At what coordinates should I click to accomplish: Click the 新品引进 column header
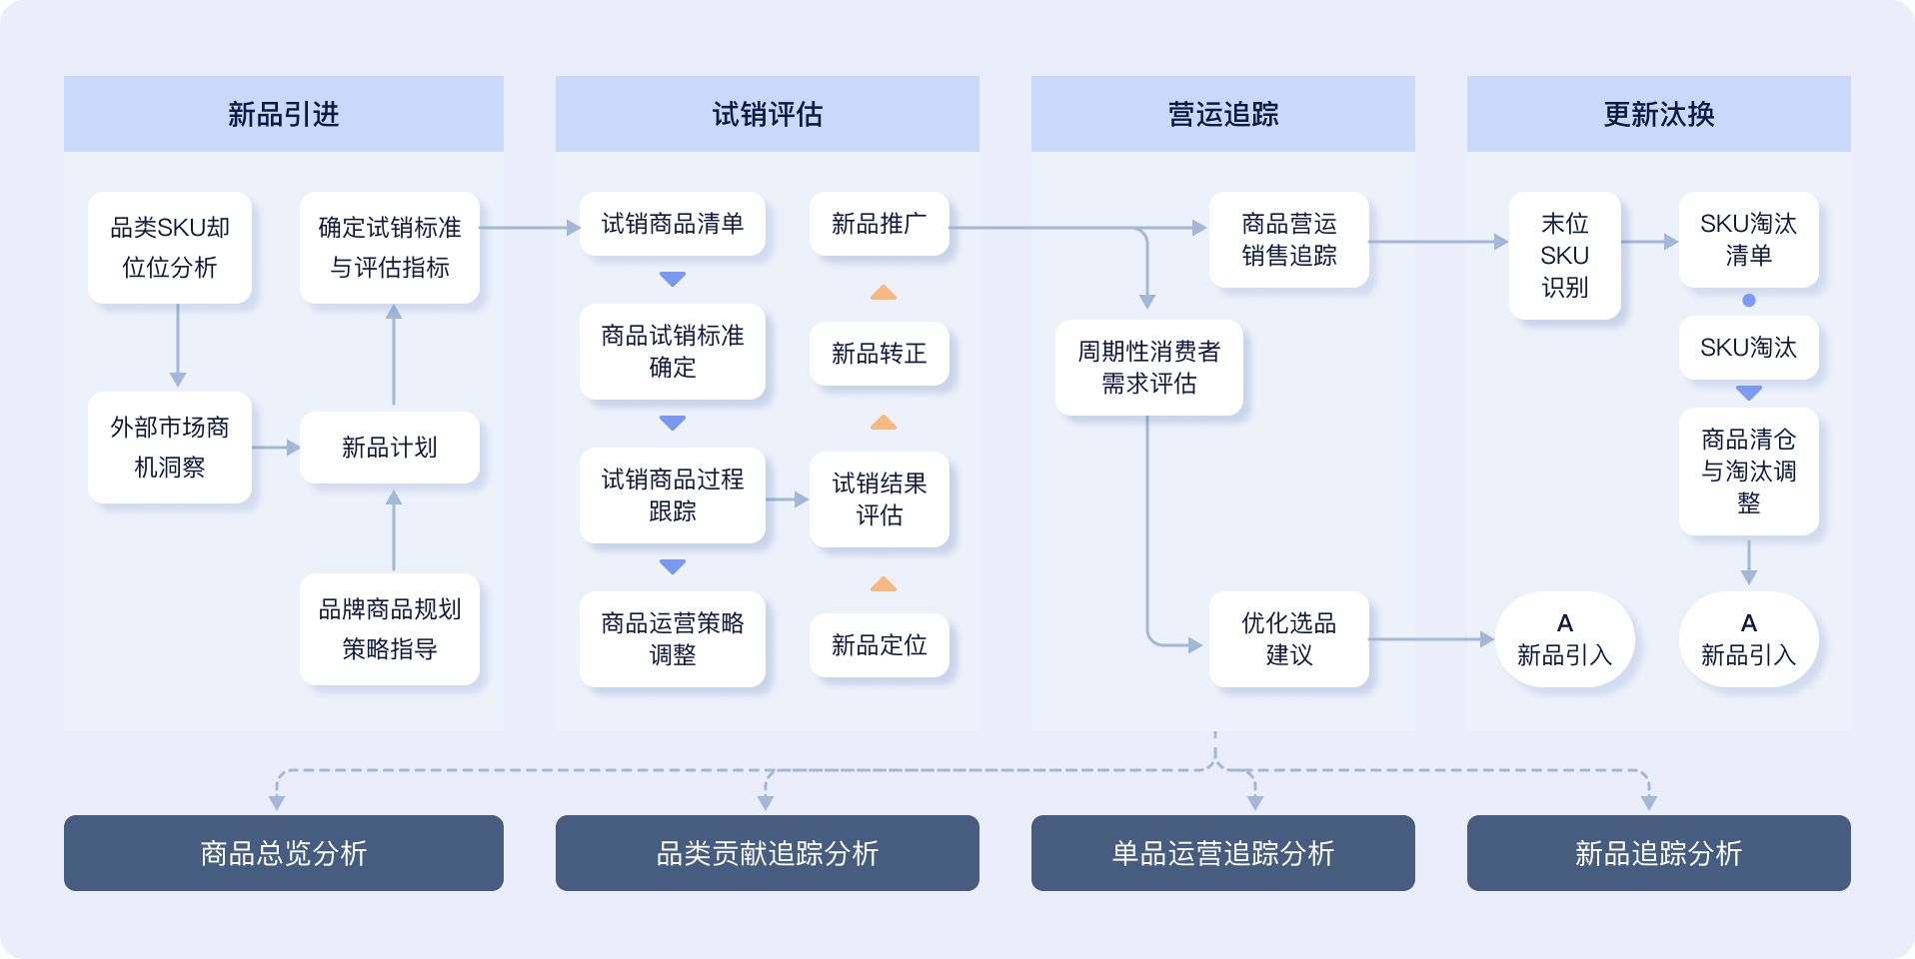point(283,114)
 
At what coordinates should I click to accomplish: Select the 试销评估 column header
point(767,114)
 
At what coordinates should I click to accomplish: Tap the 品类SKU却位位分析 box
point(170,248)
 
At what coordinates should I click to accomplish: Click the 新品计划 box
point(390,448)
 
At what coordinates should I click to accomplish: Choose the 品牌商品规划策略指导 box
point(390,629)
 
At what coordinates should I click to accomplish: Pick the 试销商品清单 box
point(672,224)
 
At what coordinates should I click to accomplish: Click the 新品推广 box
point(879,224)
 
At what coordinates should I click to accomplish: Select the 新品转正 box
point(879,354)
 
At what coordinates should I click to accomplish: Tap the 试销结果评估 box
point(879,498)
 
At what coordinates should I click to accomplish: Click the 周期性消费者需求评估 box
point(1148,368)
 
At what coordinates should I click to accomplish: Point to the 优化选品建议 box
point(1288,639)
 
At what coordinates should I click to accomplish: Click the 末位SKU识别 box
point(1564,256)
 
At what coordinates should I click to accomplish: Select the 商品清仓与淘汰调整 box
point(1748,472)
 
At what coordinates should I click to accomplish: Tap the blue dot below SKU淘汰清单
point(1748,300)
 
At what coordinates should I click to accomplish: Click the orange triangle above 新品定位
point(883,584)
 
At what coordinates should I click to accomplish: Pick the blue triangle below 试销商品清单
point(673,279)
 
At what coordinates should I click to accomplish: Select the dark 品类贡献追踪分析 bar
point(767,853)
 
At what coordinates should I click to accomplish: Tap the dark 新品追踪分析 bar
point(1658,853)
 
